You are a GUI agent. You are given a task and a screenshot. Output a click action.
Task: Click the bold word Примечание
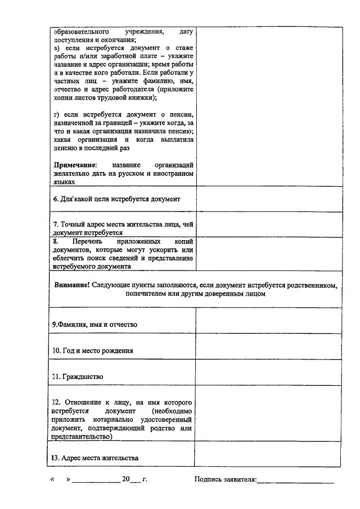click(75, 165)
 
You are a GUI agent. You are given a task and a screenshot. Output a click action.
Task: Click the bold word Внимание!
click(73, 285)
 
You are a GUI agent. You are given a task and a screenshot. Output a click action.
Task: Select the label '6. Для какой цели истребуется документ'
click(116, 199)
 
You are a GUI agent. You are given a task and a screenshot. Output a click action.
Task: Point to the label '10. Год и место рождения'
click(93, 350)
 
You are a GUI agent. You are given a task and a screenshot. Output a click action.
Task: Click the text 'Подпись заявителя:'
click(225, 480)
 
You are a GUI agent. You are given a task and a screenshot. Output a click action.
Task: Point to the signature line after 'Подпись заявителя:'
click(295, 481)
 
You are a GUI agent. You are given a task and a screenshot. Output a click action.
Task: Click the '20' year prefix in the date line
click(126, 480)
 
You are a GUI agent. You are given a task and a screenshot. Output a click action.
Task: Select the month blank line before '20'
click(96, 481)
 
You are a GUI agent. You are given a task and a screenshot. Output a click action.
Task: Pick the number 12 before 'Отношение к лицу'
click(56, 403)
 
